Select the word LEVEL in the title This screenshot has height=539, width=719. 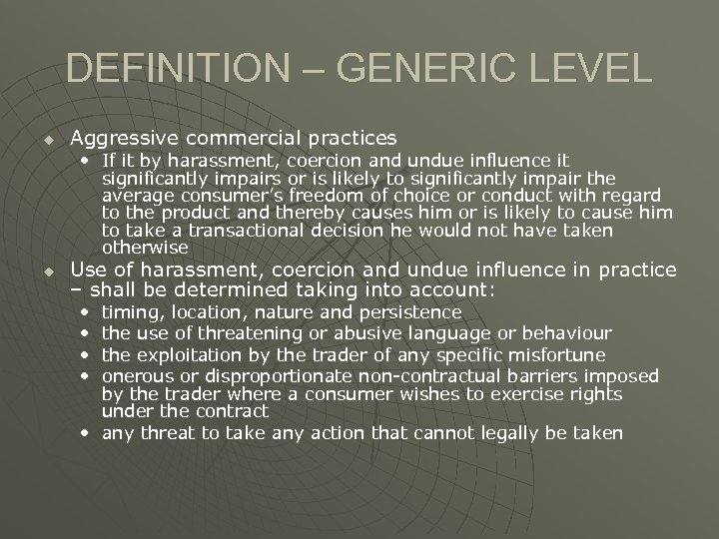597,68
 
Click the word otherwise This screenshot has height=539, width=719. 145,248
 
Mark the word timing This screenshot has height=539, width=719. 127,312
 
